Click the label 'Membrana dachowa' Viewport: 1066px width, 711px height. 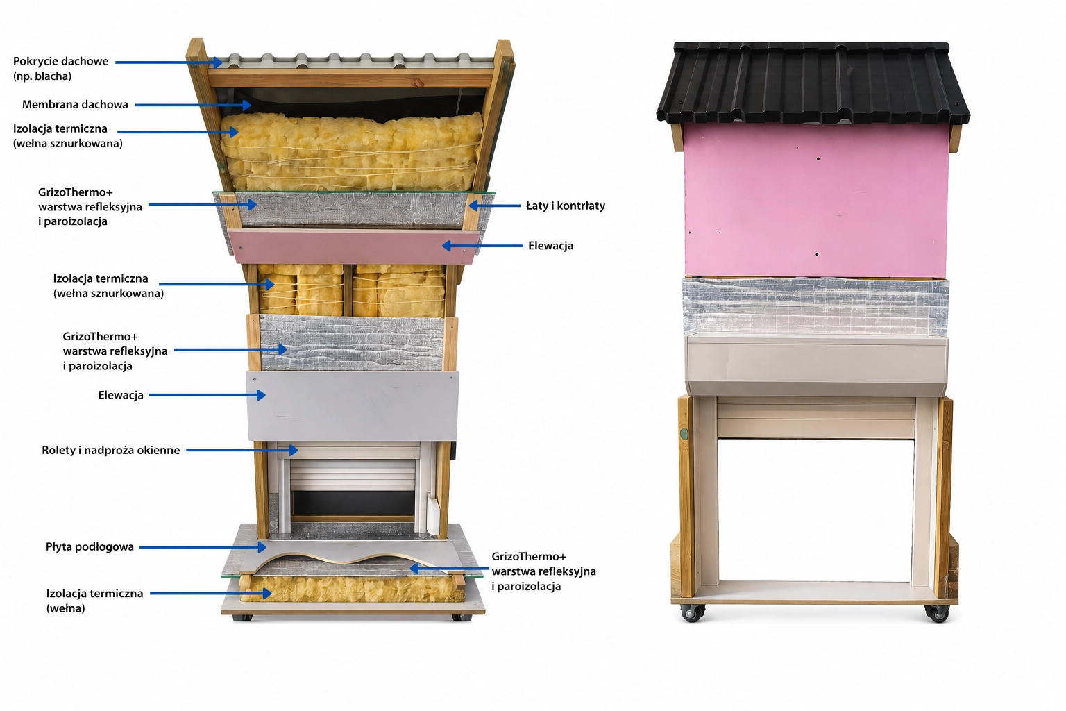pos(75,105)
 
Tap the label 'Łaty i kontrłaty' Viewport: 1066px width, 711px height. pos(566,206)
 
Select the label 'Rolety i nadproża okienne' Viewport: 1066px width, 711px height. pos(111,450)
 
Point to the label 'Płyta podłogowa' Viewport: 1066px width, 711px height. pos(90,546)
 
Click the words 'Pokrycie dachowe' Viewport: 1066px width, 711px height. pos(60,61)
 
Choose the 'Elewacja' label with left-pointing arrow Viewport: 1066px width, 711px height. pos(550,246)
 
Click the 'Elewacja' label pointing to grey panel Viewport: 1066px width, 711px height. pos(121,395)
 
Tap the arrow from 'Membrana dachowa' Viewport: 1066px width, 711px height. pos(193,105)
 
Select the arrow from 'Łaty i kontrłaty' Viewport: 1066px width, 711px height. pos(494,206)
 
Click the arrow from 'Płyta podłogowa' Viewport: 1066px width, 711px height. pos(202,547)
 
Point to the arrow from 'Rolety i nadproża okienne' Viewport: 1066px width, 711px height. pos(242,450)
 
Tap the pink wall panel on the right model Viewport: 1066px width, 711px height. pos(815,200)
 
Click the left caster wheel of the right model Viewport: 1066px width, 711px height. pos(691,612)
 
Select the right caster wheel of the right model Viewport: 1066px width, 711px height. pos(938,613)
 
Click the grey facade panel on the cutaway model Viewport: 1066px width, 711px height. pos(352,406)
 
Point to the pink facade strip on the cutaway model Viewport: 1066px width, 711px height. pos(354,246)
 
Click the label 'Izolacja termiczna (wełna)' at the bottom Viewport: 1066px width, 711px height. pos(94,601)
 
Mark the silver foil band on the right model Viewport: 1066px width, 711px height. pos(815,307)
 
